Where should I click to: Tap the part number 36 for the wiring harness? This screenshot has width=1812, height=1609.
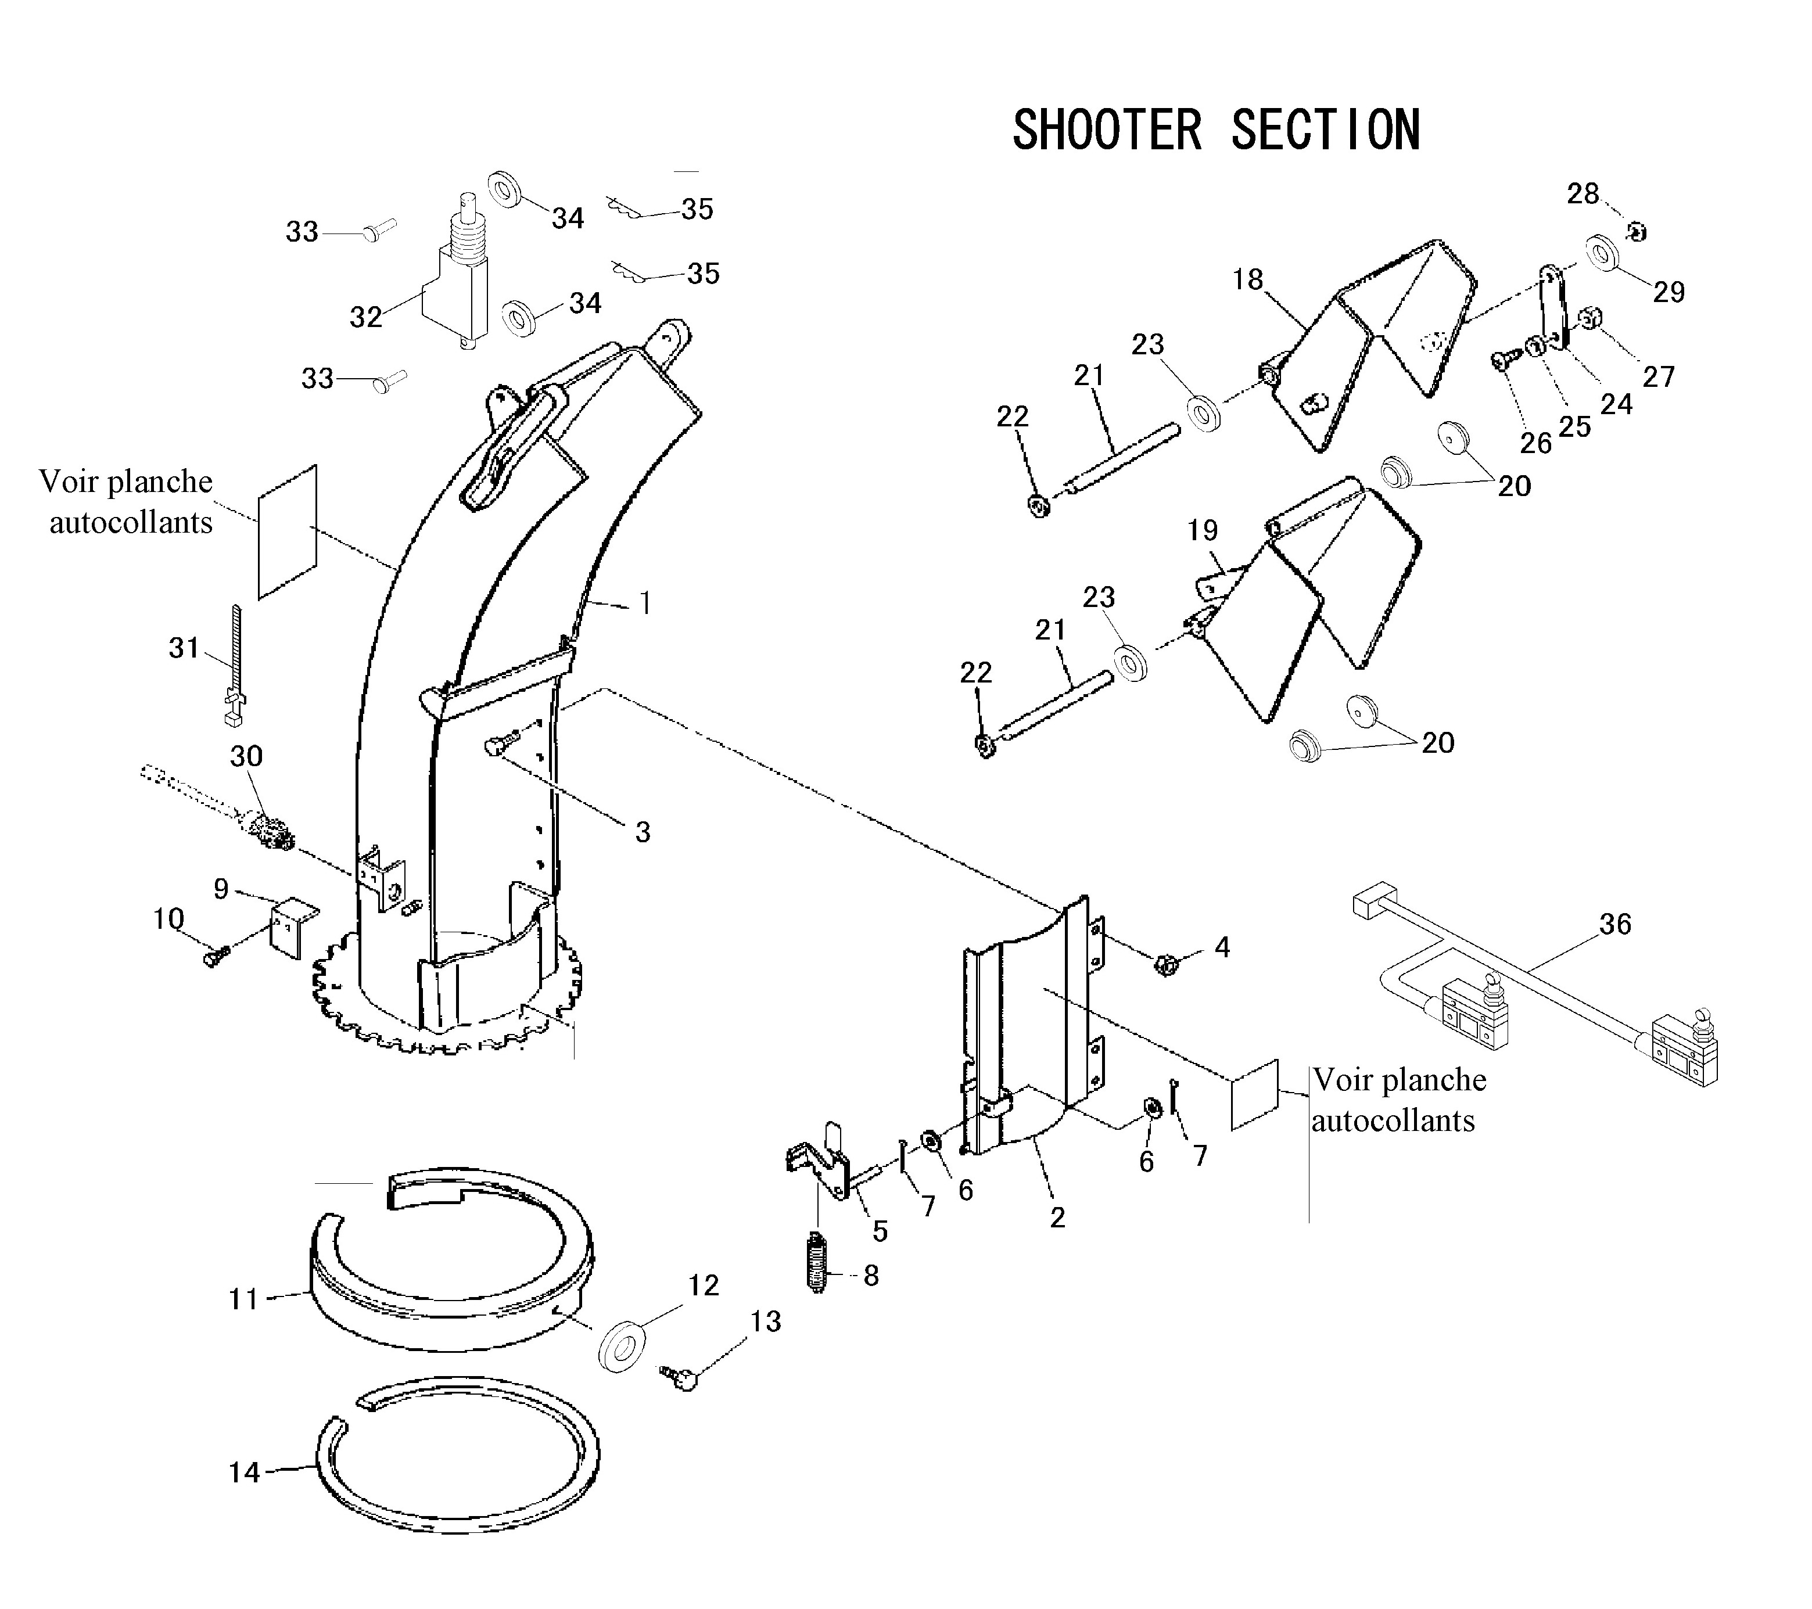click(x=1614, y=925)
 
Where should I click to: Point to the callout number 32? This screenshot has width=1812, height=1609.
click(x=365, y=317)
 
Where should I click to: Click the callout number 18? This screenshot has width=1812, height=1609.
click(x=1247, y=280)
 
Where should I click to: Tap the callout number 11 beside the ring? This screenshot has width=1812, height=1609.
click(x=243, y=1299)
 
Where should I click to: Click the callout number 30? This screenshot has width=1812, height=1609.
click(x=246, y=756)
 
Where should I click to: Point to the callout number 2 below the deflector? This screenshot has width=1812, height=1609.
click(x=1057, y=1218)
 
